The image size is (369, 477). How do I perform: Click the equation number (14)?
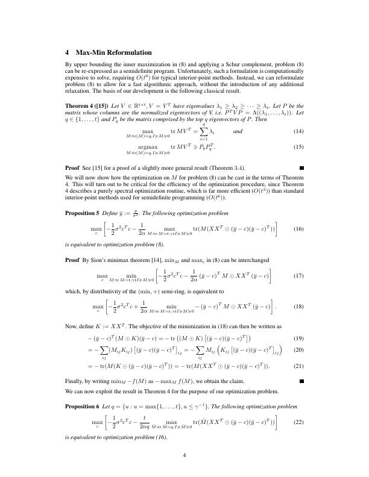[x=297, y=148]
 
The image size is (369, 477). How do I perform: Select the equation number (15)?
[x=297, y=163]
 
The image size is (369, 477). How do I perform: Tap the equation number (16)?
[x=297, y=229]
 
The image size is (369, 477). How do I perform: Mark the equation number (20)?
[x=297, y=349]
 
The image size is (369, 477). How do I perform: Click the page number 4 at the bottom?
[x=184, y=455]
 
